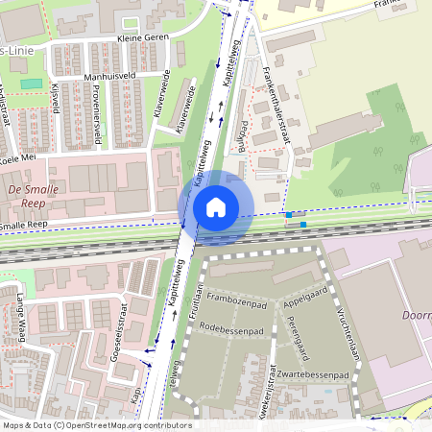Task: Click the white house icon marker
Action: (x=216, y=207)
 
